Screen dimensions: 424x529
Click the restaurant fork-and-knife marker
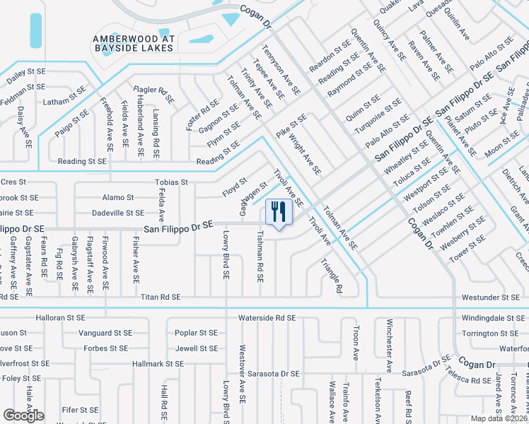pos(278,211)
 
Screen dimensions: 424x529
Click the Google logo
pos(24,416)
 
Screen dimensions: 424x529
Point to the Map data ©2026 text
pos(499,418)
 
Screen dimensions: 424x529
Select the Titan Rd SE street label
pos(160,298)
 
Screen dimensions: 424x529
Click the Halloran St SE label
pos(64,319)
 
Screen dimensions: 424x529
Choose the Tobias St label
pos(171,182)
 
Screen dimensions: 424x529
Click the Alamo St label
pos(118,198)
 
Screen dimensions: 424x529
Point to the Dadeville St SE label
pos(118,213)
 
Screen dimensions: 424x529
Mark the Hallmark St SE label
pos(158,363)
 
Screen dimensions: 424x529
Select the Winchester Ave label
pos(389,345)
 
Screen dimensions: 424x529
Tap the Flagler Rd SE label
pos(156,91)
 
